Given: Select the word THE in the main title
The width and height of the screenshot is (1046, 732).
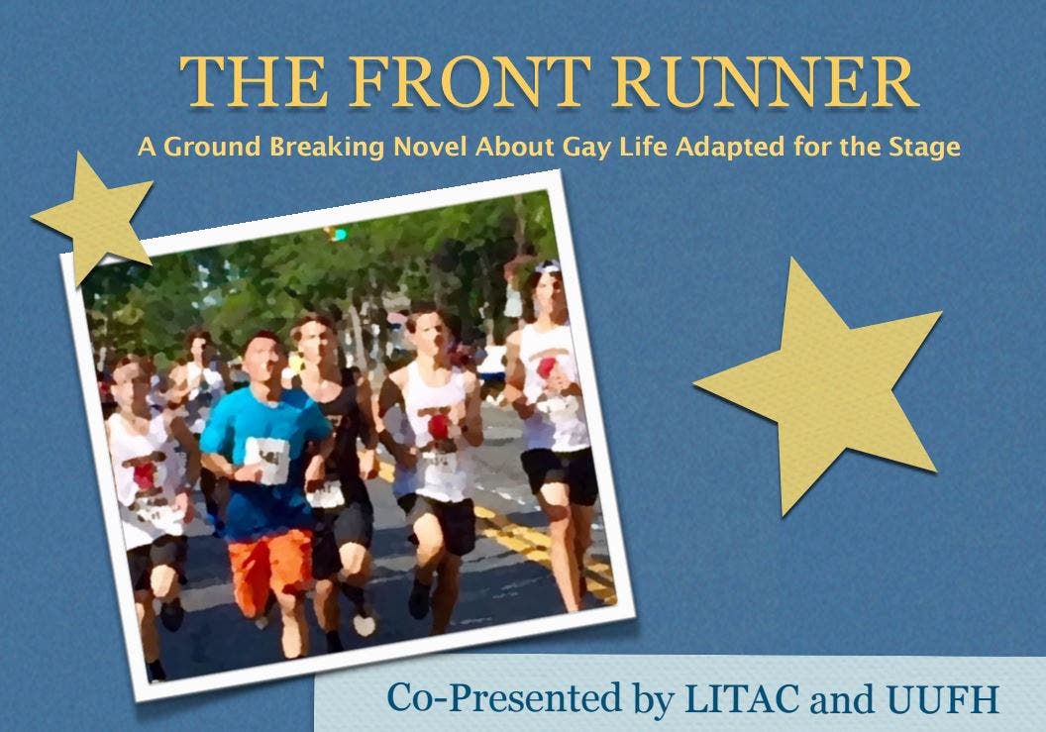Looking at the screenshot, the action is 254,82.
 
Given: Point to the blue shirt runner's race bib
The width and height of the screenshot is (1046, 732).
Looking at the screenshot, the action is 266,459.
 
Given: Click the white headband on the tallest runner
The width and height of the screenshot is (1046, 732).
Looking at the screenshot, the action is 547,266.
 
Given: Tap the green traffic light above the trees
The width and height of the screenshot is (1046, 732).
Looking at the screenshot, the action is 340,234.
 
